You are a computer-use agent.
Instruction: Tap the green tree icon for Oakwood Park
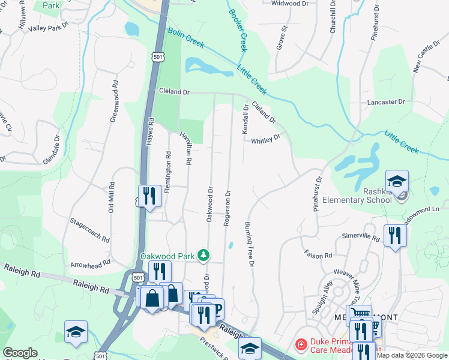204,256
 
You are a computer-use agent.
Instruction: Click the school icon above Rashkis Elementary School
397,181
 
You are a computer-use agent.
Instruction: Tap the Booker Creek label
238,30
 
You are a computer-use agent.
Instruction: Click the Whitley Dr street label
265,140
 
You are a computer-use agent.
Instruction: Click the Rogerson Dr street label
228,208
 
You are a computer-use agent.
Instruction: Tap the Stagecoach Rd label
90,230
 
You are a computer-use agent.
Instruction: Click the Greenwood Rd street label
113,101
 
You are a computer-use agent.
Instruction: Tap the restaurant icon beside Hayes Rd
148,195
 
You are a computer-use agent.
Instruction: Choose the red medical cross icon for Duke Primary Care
301,345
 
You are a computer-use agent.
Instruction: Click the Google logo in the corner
20,353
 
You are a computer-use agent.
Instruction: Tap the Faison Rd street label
318,255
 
